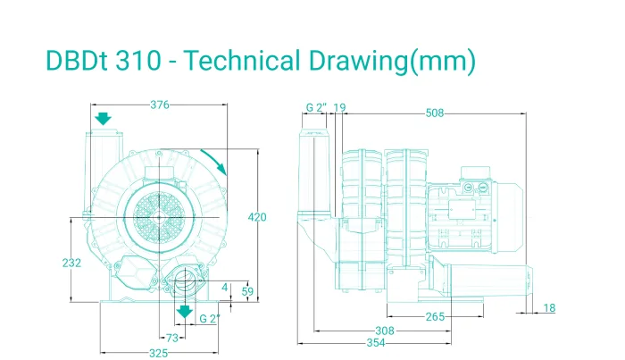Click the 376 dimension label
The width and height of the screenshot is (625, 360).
pos(160,105)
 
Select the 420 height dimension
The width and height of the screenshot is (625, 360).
pos(257,217)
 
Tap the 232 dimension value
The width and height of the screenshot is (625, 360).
pos(71,263)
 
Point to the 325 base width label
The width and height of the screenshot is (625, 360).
pos(159,353)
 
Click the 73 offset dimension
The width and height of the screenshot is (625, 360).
pos(171,338)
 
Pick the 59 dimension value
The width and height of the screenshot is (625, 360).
pos(247,291)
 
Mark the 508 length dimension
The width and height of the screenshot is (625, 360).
pos(435,113)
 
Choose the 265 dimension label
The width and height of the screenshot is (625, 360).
pos(435,317)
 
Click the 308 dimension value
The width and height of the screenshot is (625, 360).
pos(385,331)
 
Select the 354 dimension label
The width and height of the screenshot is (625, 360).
pos(376,343)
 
